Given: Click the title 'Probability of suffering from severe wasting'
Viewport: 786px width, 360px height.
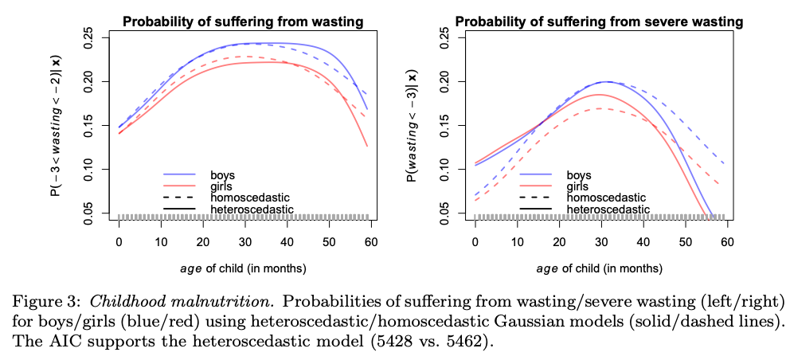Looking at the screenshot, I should pyautogui.click(x=599, y=21).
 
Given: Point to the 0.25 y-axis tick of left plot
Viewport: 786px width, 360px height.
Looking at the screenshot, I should pyautogui.click(x=89, y=37).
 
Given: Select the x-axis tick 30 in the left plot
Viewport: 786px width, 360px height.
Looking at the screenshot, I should pyautogui.click(x=244, y=243).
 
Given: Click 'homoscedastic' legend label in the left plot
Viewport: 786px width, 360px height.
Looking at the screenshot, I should pyautogui.click(x=246, y=197).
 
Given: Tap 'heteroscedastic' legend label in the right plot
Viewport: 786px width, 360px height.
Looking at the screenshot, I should pyautogui.click(x=607, y=209).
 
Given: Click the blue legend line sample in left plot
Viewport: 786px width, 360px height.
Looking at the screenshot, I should pyautogui.click(x=179, y=174).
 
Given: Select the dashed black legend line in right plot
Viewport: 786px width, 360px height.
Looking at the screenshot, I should pyautogui.click(x=536, y=197).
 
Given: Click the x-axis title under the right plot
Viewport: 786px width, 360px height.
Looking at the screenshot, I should pyautogui.click(x=600, y=268).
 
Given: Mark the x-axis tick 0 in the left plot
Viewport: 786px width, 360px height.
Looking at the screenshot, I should pyautogui.click(x=119, y=243).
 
